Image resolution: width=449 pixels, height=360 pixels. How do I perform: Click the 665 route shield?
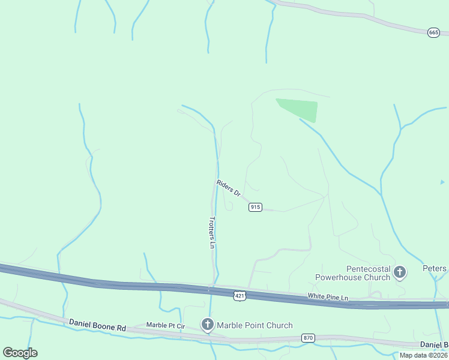433,32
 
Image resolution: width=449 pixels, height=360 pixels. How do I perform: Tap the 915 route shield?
255,207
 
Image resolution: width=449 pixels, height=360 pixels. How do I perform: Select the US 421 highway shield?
240,296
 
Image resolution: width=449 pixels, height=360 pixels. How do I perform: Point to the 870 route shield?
309,338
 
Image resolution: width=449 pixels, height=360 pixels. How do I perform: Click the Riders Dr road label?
228,188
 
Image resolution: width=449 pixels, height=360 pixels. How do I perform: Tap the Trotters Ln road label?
212,232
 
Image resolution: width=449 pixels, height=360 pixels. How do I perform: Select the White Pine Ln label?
328,297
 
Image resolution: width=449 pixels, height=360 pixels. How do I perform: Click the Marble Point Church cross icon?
207,325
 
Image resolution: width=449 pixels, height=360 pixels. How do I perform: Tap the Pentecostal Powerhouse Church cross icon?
400,273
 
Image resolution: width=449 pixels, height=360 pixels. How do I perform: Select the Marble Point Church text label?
255,325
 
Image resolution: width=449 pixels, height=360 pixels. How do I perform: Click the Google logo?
20,353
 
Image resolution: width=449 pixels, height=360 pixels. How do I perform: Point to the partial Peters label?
435,269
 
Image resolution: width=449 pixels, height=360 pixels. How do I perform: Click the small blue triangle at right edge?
442,182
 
